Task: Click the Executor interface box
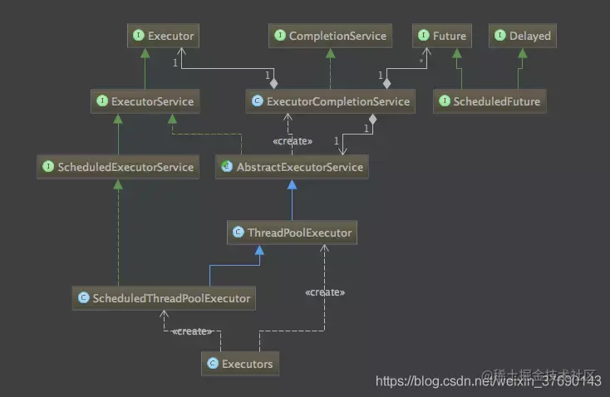tap(163, 36)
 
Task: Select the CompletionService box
tap(329, 36)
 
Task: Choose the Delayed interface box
tap(523, 36)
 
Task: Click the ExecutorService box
tap(146, 101)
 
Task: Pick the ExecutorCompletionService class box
tap(331, 101)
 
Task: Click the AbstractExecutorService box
tap(291, 167)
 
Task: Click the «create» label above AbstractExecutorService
tap(293, 141)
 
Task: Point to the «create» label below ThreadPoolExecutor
tap(325, 292)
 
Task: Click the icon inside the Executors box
tap(213, 363)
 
